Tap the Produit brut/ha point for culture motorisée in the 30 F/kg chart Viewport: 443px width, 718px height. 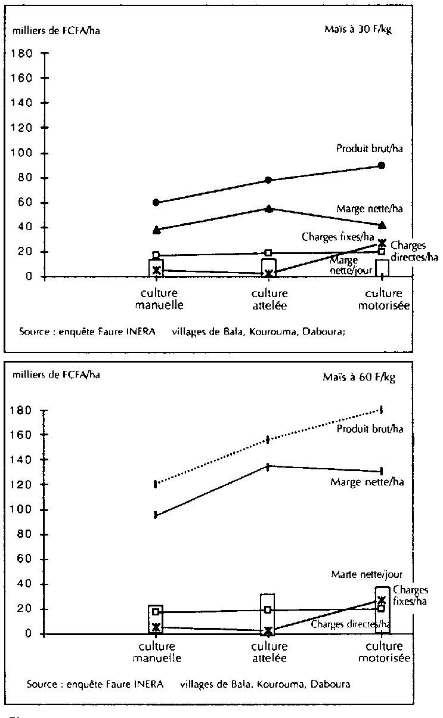click(x=382, y=166)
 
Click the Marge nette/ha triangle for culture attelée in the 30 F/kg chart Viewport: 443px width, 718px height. click(x=269, y=209)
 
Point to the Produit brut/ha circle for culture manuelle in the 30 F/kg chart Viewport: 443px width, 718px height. click(x=156, y=203)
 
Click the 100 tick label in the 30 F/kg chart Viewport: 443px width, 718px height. click(x=21, y=153)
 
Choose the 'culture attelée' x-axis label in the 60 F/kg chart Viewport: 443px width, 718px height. click(x=269, y=652)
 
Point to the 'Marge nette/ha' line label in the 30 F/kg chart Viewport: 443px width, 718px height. click(x=370, y=208)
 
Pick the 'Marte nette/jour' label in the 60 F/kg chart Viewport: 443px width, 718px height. click(x=367, y=574)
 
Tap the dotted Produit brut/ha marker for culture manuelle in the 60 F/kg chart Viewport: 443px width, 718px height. click(x=156, y=484)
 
